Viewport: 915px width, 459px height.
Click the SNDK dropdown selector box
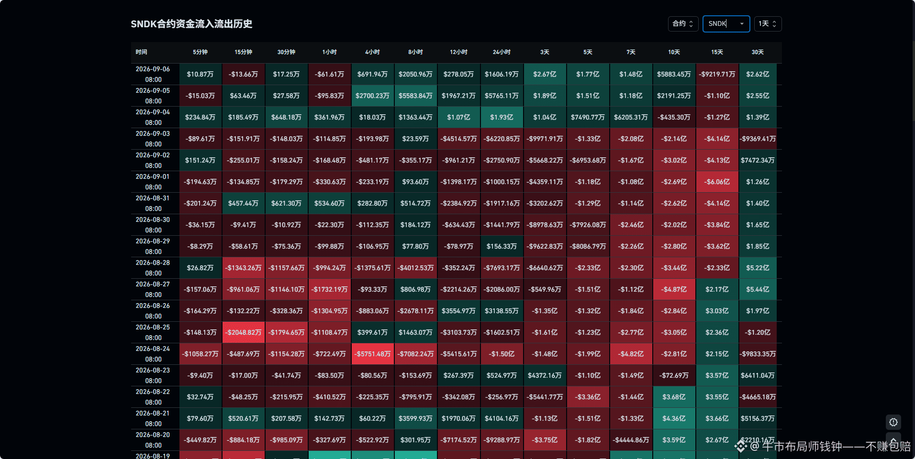click(726, 24)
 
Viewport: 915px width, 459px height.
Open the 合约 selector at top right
click(683, 24)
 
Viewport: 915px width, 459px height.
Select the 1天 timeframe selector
click(768, 24)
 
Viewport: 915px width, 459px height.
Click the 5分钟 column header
click(201, 52)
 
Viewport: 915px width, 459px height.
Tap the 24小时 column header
click(502, 52)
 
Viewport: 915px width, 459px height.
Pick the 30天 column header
click(758, 52)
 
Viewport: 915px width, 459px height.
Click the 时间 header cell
click(141, 52)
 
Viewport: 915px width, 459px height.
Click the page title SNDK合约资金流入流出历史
click(191, 24)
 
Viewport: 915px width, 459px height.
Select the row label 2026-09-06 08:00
click(153, 74)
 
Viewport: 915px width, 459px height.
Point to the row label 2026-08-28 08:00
click(153, 268)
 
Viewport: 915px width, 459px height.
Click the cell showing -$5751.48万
click(373, 354)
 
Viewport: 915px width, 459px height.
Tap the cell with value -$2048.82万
click(244, 332)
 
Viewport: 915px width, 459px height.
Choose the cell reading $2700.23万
click(373, 96)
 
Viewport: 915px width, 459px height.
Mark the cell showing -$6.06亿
click(717, 182)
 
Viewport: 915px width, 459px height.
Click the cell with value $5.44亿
click(758, 289)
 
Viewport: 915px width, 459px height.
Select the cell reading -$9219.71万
click(717, 74)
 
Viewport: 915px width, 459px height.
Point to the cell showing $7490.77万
click(588, 117)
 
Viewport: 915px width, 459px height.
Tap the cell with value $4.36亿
click(674, 418)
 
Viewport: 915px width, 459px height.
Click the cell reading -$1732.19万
click(330, 289)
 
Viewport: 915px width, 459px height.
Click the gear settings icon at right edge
click(893, 422)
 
